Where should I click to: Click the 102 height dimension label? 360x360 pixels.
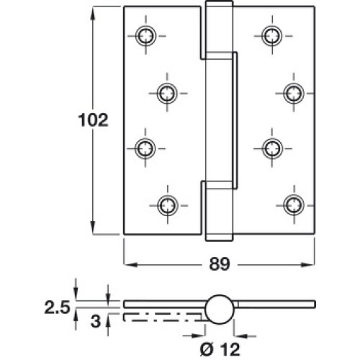[93, 120]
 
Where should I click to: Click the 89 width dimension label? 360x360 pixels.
[220, 264]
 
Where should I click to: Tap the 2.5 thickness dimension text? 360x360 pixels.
[57, 307]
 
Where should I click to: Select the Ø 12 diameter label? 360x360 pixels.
[220, 349]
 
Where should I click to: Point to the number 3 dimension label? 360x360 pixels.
[96, 321]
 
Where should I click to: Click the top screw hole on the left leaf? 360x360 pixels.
[145, 36]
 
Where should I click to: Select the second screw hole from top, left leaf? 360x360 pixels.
[167, 93]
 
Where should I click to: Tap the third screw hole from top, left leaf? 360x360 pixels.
[145, 148]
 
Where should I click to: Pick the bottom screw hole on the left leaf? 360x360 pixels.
[168, 205]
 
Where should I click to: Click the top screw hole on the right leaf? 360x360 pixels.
[272, 36]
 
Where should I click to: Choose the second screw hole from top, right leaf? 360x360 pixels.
[294, 93]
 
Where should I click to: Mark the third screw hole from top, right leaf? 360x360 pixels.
[271, 148]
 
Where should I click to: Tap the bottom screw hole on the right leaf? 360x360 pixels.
[294, 205]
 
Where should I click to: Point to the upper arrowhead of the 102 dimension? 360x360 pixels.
[93, 14]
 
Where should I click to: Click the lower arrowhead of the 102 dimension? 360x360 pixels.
[93, 228]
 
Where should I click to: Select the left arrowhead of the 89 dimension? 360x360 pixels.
[131, 265]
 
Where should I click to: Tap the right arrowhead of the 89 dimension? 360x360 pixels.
[307, 265]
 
